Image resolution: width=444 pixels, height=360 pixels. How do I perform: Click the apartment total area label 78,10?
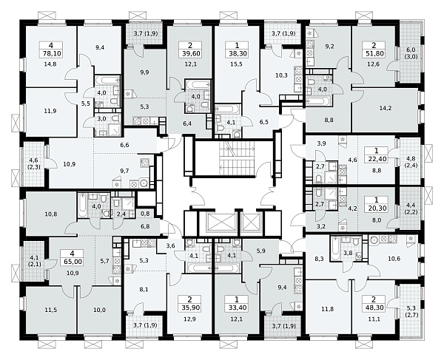pos(51,53)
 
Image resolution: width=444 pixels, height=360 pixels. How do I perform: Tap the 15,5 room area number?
pos(237,64)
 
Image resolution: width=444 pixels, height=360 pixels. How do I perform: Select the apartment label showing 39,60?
pos(189,53)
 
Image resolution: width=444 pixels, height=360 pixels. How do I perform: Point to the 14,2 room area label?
pos(386,108)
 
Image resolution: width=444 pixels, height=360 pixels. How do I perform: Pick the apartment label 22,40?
pos(377,158)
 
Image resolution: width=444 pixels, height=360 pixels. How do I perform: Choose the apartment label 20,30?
pos(377,208)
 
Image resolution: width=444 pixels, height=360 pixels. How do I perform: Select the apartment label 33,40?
pos(237,308)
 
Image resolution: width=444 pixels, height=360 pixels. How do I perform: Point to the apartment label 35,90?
pos(189,308)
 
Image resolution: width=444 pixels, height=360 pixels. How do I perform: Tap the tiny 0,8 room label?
pos(145,214)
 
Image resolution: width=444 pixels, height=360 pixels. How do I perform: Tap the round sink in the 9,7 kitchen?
pos(144,184)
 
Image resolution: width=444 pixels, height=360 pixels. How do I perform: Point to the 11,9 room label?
pos(51,111)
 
